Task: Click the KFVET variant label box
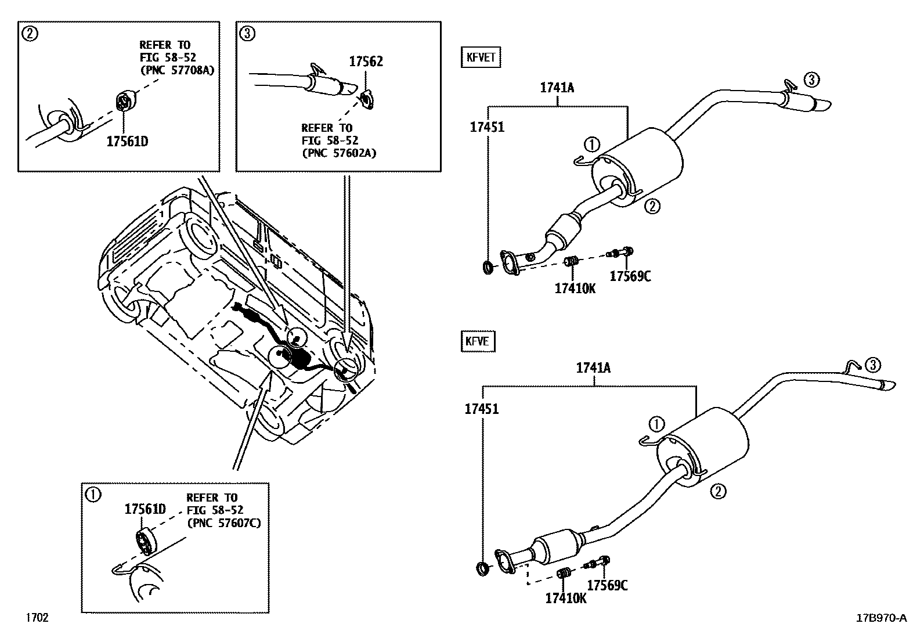[481, 58]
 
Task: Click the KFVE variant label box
[478, 341]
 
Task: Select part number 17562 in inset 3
[366, 62]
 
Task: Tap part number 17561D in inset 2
[127, 141]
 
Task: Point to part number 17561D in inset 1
[145, 509]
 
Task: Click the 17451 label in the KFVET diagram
[487, 127]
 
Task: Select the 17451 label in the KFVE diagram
[481, 409]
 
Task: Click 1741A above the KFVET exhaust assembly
[557, 88]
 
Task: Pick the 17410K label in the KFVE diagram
[565, 598]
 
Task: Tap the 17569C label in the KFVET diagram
[630, 276]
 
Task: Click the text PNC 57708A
[177, 70]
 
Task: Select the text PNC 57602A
[339, 153]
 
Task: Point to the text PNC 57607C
[223, 522]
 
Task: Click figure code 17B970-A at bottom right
[881, 618]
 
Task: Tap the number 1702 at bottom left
[35, 617]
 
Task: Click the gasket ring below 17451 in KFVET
[489, 267]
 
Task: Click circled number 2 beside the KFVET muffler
[652, 206]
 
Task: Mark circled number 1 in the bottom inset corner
[93, 494]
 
